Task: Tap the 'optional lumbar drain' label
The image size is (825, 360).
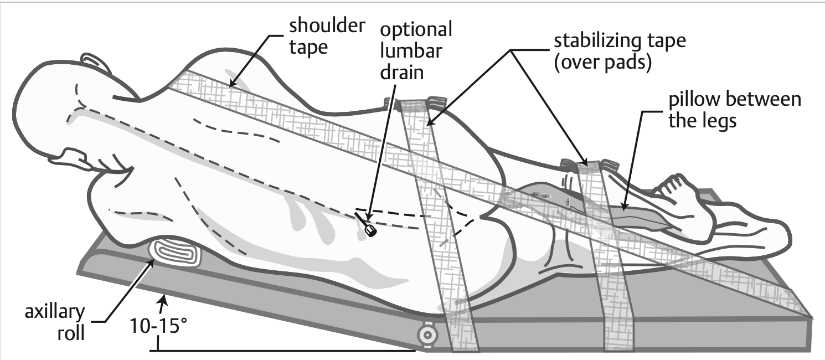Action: [416, 51]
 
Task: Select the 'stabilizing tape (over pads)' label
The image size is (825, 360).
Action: [620, 52]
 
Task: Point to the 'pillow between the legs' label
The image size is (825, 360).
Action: [735, 110]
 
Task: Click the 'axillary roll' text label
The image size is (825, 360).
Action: [55, 322]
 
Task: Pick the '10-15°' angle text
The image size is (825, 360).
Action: [158, 326]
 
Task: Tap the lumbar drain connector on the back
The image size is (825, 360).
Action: [370, 230]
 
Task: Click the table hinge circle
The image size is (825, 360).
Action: [427, 335]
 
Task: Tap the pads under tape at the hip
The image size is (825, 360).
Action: [415, 104]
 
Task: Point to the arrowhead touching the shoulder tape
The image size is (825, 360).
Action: [231, 82]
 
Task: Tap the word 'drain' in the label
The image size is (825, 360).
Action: [402, 72]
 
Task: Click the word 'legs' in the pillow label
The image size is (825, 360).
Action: [719, 121]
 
